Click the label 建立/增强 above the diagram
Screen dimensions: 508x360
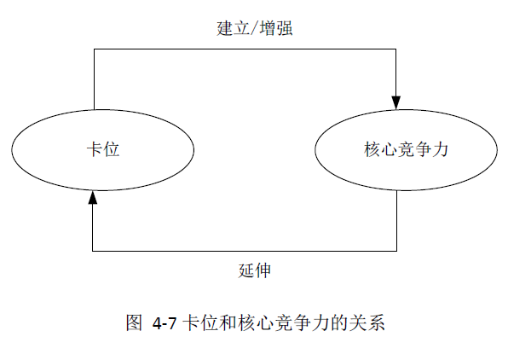click(255, 28)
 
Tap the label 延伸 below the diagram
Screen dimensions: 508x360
click(255, 270)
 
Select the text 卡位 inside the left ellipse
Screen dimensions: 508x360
click(103, 149)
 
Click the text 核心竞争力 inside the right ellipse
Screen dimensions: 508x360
click(406, 149)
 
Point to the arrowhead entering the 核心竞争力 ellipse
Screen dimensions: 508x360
click(395, 102)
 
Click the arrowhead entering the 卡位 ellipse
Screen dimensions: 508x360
click(93, 197)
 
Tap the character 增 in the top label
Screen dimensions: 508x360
click(268, 28)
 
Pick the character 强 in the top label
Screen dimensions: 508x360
click(285, 28)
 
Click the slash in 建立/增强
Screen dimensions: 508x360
click(255, 28)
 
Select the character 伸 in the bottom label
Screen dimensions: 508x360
click(263, 270)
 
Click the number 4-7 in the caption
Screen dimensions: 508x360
click(165, 323)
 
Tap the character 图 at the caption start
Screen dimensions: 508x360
click(134, 322)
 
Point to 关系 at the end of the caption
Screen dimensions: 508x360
click(367, 322)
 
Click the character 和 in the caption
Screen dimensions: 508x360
click(228, 322)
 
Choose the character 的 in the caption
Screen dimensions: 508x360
click(339, 322)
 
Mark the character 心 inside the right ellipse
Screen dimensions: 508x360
click(389, 149)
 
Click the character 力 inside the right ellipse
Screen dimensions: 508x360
click(441, 149)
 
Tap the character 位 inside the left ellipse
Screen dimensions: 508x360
click(112, 149)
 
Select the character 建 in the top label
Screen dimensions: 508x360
click(225, 28)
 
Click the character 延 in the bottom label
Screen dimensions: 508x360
click(246, 270)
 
